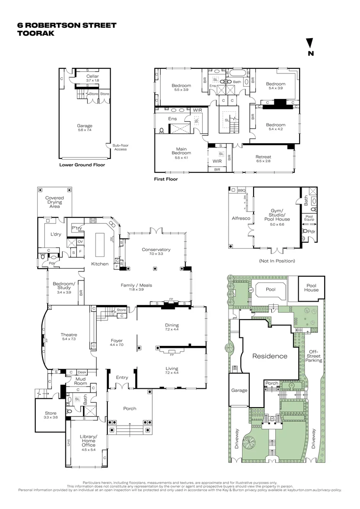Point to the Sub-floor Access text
(121, 147)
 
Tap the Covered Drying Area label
(54, 202)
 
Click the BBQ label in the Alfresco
(242, 190)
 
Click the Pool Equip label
(309, 218)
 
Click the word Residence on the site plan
(269, 356)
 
